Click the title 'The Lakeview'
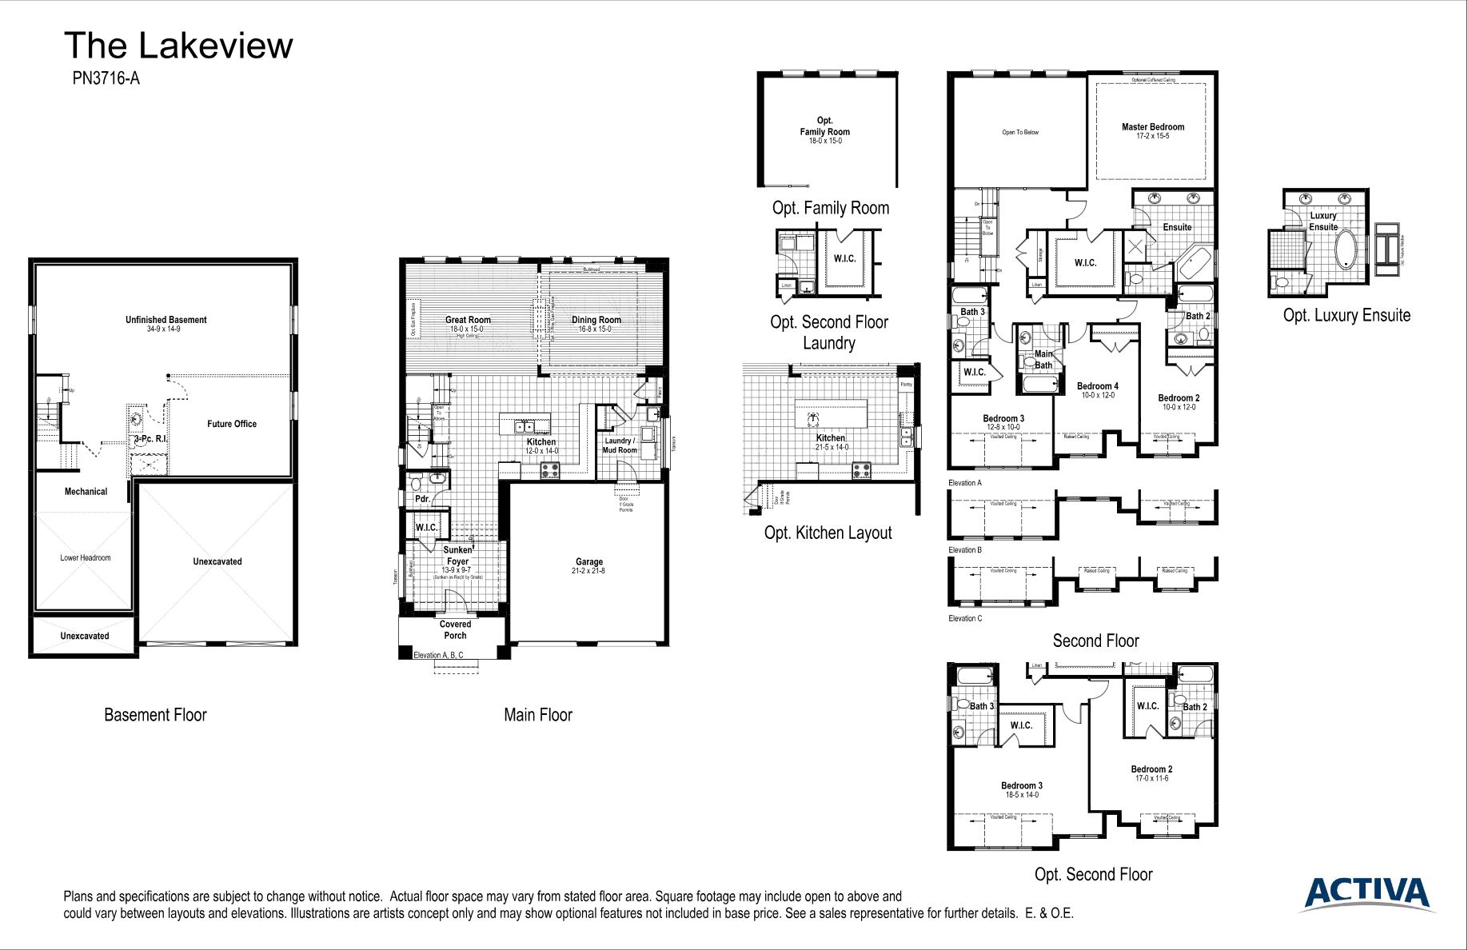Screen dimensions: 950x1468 point(178,46)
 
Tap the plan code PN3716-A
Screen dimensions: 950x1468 point(106,78)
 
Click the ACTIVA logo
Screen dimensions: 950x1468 point(1368,892)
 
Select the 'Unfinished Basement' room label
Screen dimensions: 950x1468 point(166,320)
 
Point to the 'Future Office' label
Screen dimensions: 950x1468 point(232,424)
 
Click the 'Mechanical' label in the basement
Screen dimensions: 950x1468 point(86,492)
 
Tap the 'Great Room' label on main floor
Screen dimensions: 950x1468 point(468,320)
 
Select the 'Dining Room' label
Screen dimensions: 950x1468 point(596,320)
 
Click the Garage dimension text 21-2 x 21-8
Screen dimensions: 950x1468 point(588,571)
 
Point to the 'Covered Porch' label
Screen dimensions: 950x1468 point(455,630)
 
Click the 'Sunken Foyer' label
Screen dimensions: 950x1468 point(457,556)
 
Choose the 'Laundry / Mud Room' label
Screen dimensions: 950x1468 point(619,445)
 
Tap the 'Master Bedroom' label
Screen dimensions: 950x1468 point(1152,127)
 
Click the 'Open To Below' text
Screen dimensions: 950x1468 point(1020,133)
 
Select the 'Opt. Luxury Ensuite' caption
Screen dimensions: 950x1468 point(1346,315)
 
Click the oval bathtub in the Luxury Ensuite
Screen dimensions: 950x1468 point(1346,249)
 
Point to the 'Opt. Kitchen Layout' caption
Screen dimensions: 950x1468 point(828,533)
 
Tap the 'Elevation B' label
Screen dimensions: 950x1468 point(964,550)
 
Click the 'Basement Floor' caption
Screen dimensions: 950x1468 point(155,715)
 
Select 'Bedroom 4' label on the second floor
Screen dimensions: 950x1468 point(1097,386)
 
